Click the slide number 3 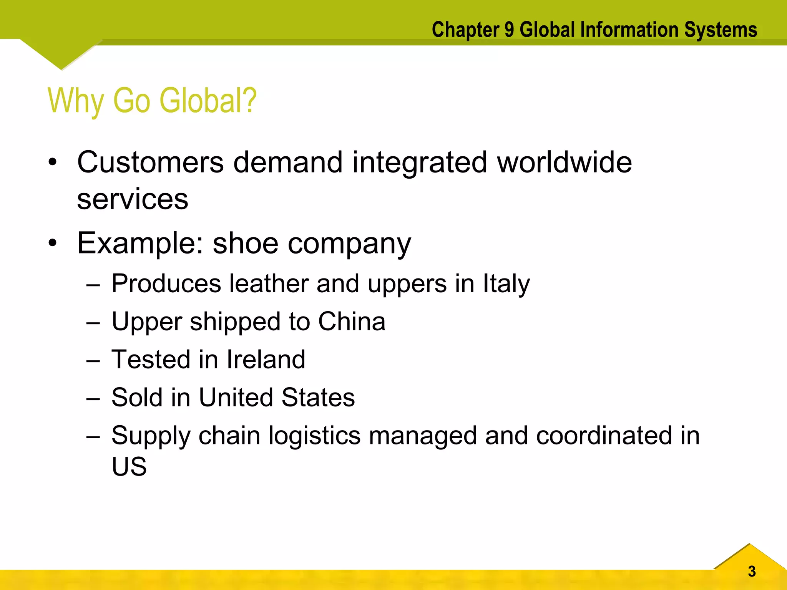tap(752, 572)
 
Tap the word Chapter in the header tap(465, 30)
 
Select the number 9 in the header tap(509, 30)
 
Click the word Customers tap(150, 162)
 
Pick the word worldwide tap(564, 162)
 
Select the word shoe tap(245, 244)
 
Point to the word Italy tap(506, 284)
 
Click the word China tap(352, 322)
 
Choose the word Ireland tap(266, 360)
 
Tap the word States tap(318, 397)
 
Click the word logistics tap(314, 436)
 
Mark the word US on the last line tap(129, 466)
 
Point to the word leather tap(269, 284)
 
